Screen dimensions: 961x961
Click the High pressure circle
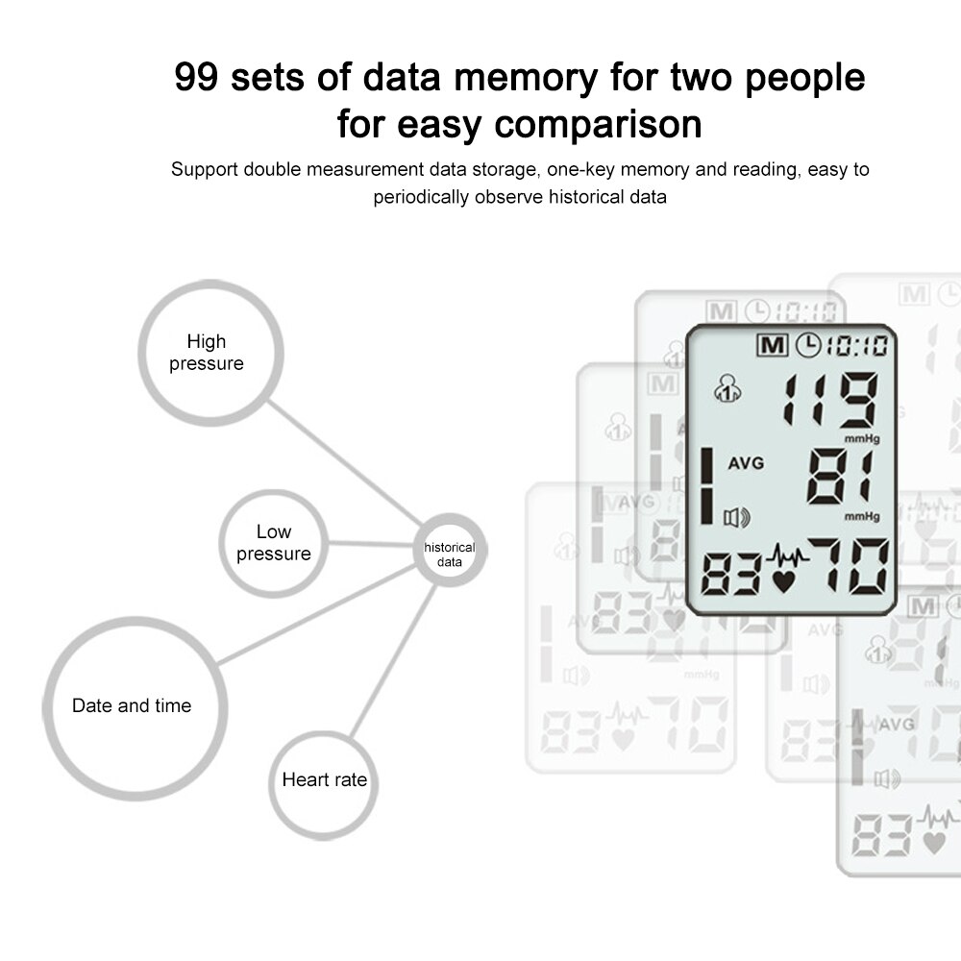tap(210, 353)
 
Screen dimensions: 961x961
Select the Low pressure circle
tap(273, 543)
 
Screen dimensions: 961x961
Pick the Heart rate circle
tap(324, 780)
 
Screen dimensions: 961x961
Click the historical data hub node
tap(449, 554)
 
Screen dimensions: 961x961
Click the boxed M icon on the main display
tap(772, 345)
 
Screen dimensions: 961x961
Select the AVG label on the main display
tap(746, 463)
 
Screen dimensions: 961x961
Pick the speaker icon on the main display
tap(736, 519)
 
